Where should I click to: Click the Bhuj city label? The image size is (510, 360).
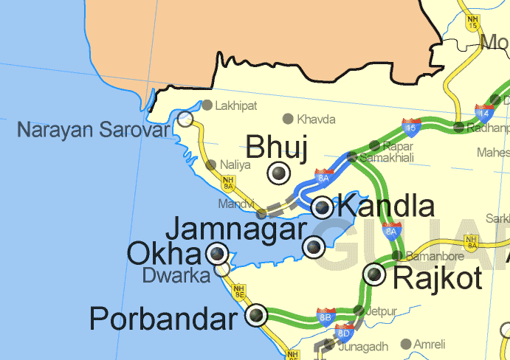click(277, 147)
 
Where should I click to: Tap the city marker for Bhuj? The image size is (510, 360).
click(279, 173)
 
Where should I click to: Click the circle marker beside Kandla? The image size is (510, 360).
click(323, 207)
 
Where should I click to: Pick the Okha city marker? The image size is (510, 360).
click(216, 254)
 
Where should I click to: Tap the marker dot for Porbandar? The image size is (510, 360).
click(257, 315)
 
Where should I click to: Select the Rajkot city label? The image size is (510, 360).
click(438, 278)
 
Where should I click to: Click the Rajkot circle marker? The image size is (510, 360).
click(375, 274)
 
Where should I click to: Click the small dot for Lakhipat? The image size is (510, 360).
click(207, 105)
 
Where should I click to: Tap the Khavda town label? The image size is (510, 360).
click(316, 119)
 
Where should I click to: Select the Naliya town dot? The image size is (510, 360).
click(212, 165)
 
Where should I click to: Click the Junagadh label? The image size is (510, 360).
click(363, 347)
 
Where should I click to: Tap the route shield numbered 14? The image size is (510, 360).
click(484, 114)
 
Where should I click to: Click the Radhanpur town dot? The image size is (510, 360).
click(458, 128)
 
